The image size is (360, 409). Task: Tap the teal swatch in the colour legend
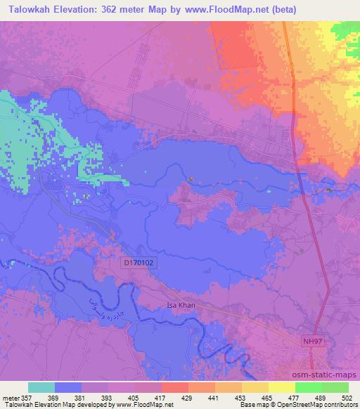click(41, 387)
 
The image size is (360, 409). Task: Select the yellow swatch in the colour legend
click(282, 387)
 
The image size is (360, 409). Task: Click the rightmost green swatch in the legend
click(335, 387)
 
